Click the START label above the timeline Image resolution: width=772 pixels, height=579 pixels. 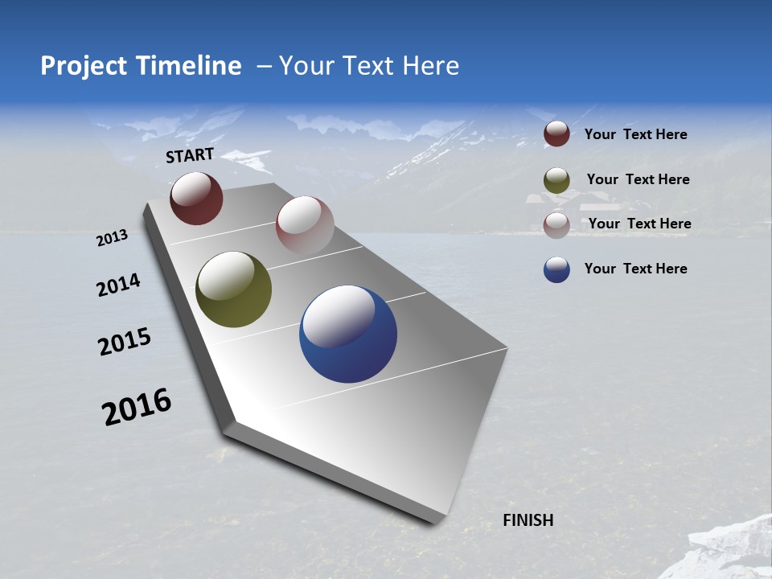[190, 155]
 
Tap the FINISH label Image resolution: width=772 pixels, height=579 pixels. [528, 520]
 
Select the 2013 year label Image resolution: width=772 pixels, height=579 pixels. [112, 238]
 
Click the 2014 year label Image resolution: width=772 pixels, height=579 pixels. [118, 285]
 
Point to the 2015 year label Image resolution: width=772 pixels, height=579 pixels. [125, 341]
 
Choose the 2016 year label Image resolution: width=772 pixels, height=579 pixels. [137, 407]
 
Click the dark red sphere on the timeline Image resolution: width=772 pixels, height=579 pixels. [196, 198]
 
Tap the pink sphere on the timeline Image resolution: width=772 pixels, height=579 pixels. [305, 224]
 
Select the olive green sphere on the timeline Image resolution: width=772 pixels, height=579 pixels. [233, 289]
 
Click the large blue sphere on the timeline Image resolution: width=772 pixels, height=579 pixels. [348, 334]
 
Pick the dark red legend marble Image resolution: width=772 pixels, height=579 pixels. [556, 133]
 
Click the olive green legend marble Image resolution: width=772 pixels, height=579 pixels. [556, 179]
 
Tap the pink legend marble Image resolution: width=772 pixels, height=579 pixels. [556, 224]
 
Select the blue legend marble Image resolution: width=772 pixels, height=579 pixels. [556, 269]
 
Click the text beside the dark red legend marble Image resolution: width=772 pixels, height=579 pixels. [635, 134]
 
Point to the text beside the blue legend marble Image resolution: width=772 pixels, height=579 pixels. [635, 269]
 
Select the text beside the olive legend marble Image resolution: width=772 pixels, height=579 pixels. [638, 179]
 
